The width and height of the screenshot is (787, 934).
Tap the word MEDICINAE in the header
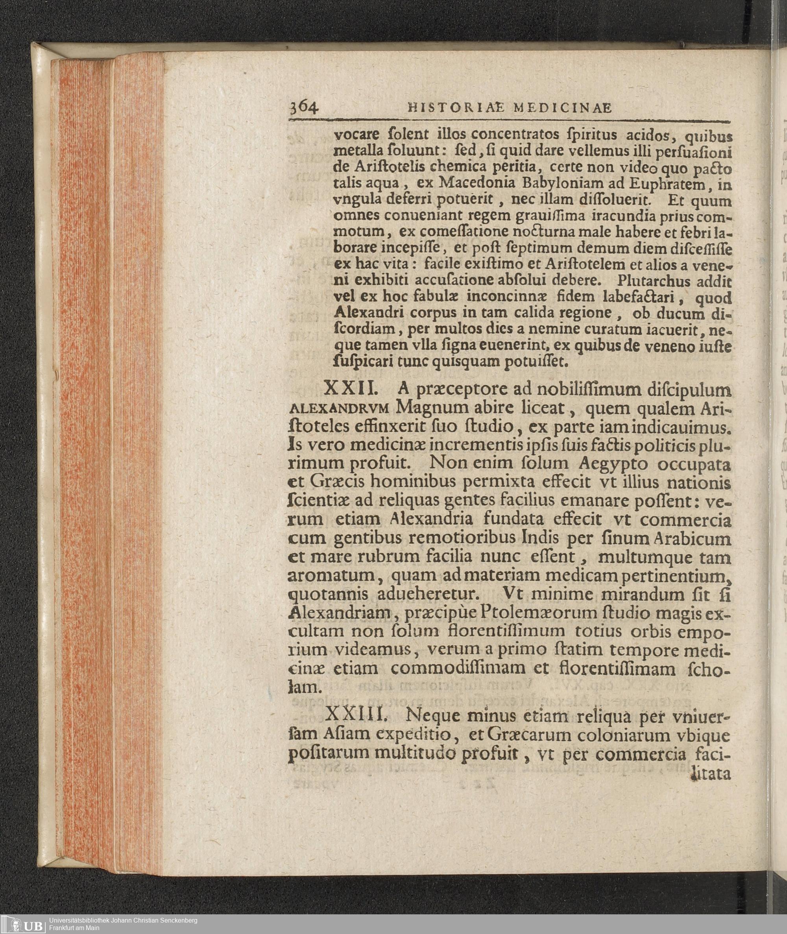click(x=562, y=108)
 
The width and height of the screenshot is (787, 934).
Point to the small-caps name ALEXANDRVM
click(x=340, y=408)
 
